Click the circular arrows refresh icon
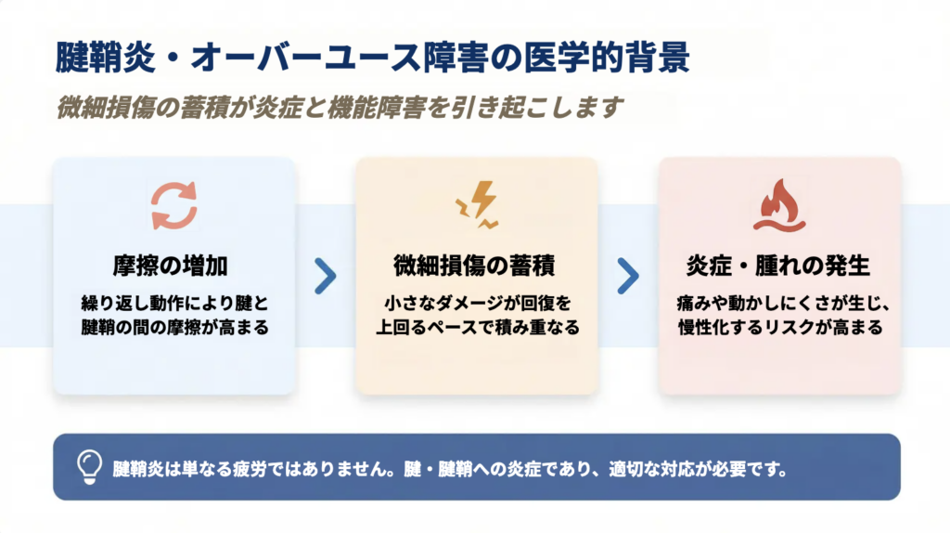(x=173, y=205)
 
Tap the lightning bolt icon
(x=477, y=204)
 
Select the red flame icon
(x=779, y=205)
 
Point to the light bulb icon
(x=89, y=467)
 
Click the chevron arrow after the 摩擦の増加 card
(x=326, y=277)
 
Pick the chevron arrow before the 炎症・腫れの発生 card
(x=628, y=277)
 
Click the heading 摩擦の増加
(x=171, y=266)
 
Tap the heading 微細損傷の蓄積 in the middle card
(x=474, y=266)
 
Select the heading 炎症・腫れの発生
(x=778, y=266)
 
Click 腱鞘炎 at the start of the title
(x=106, y=58)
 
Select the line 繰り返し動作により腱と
(x=174, y=303)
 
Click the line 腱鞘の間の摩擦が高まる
(x=174, y=328)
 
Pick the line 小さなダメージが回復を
(x=478, y=303)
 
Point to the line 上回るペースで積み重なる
(x=478, y=328)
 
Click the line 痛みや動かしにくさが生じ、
(x=783, y=303)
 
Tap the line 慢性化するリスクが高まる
(x=780, y=328)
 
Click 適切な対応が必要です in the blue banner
(x=698, y=469)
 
